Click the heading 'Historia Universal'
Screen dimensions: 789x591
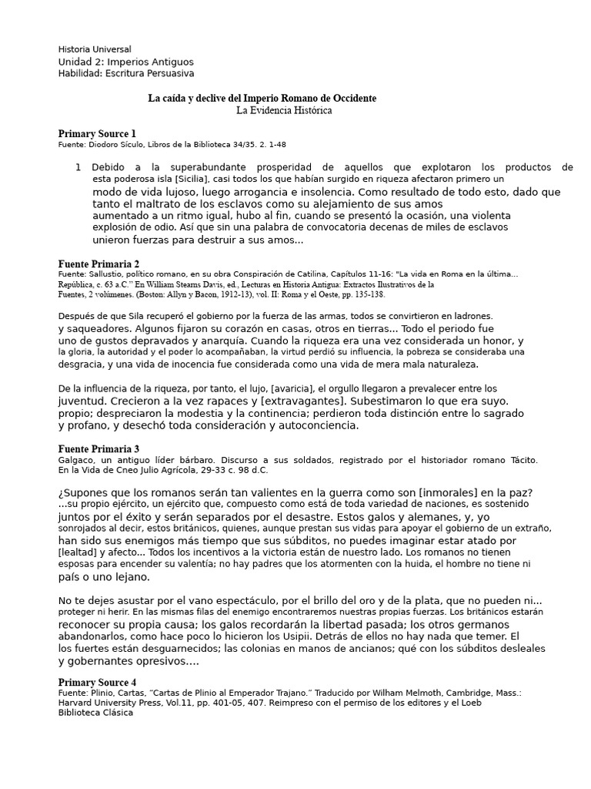coord(95,49)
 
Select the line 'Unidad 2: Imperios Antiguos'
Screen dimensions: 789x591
coord(125,62)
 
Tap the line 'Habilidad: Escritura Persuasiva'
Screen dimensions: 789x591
coord(126,73)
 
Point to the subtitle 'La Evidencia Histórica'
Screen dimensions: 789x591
coord(284,111)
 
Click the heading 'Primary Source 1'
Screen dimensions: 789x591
coord(97,133)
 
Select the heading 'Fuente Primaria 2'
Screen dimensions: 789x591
coord(98,264)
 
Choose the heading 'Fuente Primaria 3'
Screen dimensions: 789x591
coord(98,448)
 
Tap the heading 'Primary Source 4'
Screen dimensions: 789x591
coord(97,683)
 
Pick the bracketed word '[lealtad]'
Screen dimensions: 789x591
coord(78,552)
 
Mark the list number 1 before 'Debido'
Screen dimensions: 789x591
coord(78,167)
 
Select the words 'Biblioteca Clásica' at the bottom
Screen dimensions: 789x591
coord(95,713)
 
